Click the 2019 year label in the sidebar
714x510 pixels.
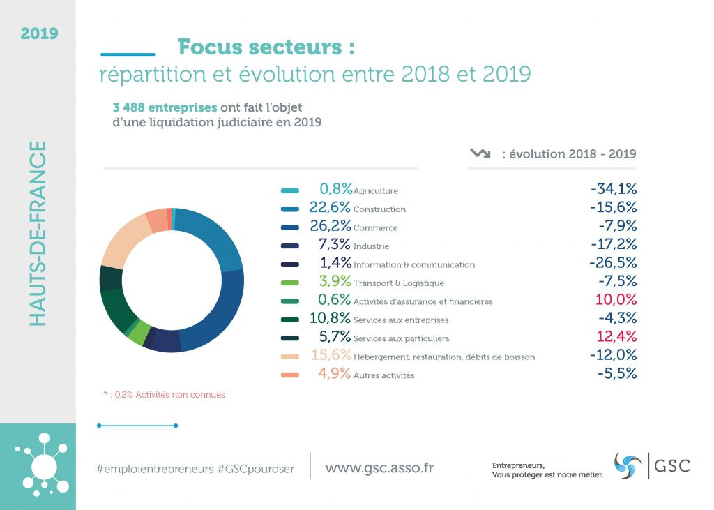pyautogui.click(x=39, y=33)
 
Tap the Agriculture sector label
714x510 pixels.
pyautogui.click(x=376, y=190)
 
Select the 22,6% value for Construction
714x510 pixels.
pyautogui.click(x=331, y=208)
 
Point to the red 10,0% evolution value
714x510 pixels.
pyautogui.click(x=616, y=300)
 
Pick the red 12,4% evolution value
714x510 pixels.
pyautogui.click(x=616, y=337)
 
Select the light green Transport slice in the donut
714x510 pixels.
pyautogui.click(x=137, y=333)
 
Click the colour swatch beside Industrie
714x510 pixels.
pyautogui.click(x=290, y=246)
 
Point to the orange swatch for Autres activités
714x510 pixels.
pyautogui.click(x=290, y=375)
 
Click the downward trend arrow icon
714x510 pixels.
pyautogui.click(x=480, y=153)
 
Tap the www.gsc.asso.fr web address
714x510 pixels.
pyautogui.click(x=379, y=467)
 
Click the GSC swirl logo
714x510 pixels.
pyautogui.click(x=628, y=465)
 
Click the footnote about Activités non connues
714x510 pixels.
pyautogui.click(x=164, y=395)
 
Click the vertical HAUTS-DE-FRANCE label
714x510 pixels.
pyautogui.click(x=39, y=233)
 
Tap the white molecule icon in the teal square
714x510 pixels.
pyautogui.click(x=43, y=463)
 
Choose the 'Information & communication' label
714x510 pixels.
pyautogui.click(x=414, y=265)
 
